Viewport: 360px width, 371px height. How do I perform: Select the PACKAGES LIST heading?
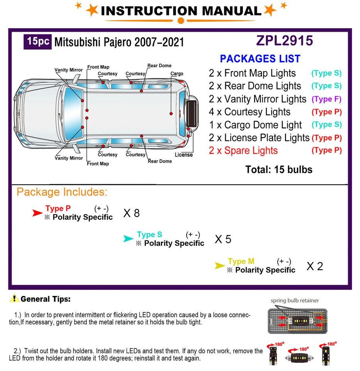[260, 59]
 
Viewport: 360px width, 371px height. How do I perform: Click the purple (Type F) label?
[326, 99]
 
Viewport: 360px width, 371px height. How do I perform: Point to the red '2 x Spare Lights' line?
[243, 150]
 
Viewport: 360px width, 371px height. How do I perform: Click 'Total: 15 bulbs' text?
[278, 169]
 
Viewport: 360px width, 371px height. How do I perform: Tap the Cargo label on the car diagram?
[177, 74]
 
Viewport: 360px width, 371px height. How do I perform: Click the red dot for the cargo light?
[171, 114]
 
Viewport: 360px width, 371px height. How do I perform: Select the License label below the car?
[183, 155]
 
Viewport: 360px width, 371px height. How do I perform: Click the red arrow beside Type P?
[37, 213]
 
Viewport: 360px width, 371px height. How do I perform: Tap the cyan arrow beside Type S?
[129, 239]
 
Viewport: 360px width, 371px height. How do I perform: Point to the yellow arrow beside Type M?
[220, 265]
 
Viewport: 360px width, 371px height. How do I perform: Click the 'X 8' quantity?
[131, 213]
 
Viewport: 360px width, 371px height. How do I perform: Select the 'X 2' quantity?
[314, 266]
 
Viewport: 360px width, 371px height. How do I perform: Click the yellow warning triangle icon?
[15, 298]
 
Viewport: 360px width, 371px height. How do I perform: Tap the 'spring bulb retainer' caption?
[295, 300]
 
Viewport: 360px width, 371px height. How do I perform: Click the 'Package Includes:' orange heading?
[62, 192]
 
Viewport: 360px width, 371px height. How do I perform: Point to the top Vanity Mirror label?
[68, 70]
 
